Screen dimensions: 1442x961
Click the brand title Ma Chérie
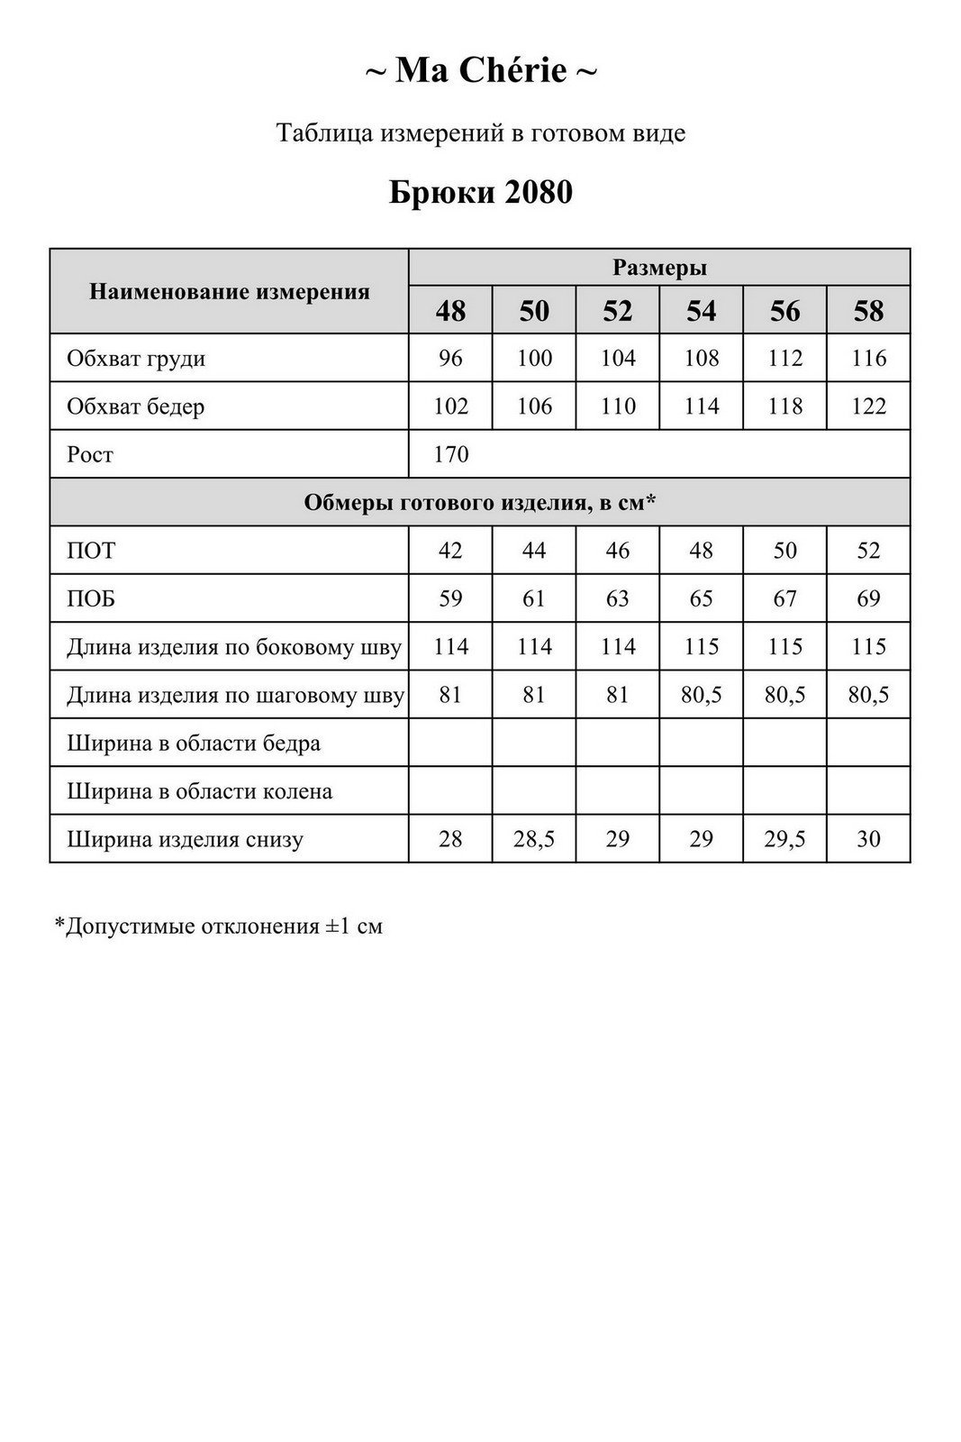tap(480, 70)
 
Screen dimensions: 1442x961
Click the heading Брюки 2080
tap(480, 192)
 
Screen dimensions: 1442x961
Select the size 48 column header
tap(450, 311)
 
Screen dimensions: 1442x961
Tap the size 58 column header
tap(868, 311)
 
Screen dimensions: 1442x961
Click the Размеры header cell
tap(659, 268)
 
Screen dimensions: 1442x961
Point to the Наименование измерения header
tap(230, 291)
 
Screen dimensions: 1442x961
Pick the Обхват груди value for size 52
tap(618, 359)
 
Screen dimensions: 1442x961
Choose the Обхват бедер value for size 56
tap(784, 406)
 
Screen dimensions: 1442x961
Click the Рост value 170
tap(450, 454)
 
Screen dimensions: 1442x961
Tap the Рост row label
tap(90, 454)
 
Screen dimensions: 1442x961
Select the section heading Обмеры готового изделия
tap(479, 502)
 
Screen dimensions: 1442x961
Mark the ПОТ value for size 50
tap(534, 551)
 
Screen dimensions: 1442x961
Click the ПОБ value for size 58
tap(868, 598)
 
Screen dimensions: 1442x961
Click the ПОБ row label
tap(91, 598)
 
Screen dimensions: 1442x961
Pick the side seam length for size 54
tap(701, 646)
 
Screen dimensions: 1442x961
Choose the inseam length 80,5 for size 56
tap(784, 695)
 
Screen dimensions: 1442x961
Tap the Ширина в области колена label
tap(199, 791)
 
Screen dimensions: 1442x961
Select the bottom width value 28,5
tap(534, 839)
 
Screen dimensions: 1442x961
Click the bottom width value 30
tap(868, 839)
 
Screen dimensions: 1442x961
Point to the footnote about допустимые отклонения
tap(219, 926)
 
